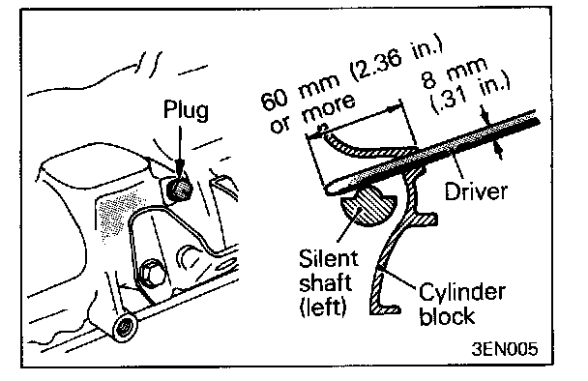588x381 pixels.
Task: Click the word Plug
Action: (x=186, y=110)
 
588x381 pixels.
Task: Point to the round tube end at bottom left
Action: (x=124, y=327)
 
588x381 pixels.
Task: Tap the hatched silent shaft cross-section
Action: (x=367, y=207)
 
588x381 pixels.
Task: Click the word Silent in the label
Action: (x=329, y=258)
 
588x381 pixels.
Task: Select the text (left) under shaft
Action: (x=323, y=308)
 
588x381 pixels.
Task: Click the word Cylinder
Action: (x=462, y=293)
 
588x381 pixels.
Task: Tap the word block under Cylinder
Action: (x=447, y=315)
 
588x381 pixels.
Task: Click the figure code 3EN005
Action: (x=505, y=349)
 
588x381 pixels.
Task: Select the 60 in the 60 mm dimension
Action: (x=274, y=100)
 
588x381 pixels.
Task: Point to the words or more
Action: (x=312, y=114)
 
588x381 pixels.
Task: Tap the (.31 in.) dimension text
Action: (x=471, y=96)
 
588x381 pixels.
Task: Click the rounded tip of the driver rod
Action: (x=331, y=188)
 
